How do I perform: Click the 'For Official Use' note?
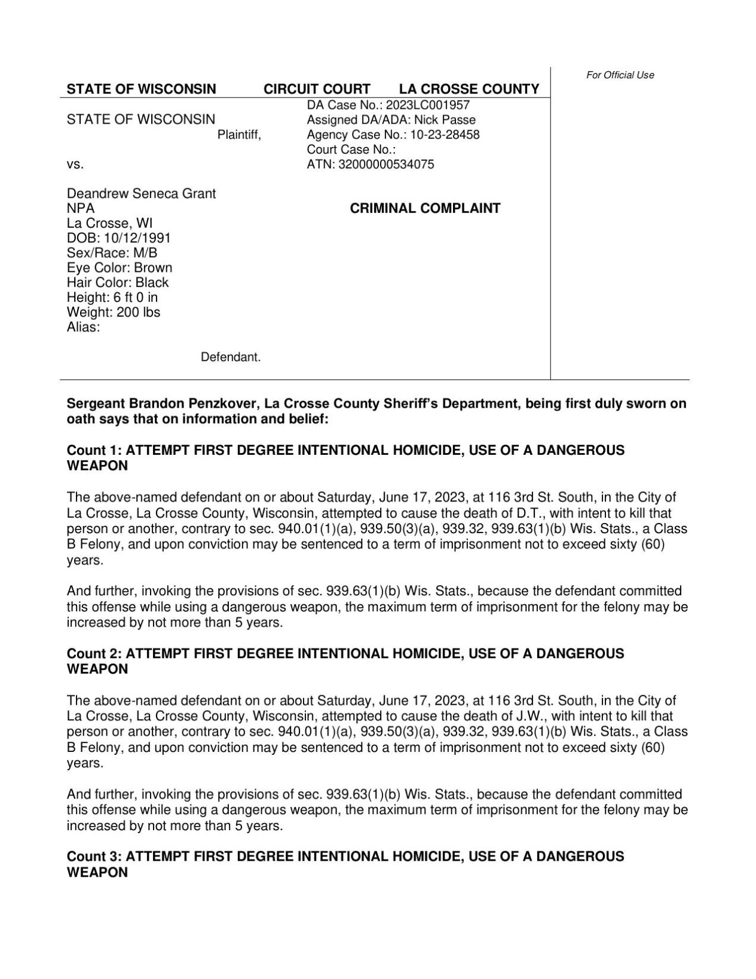[620, 75]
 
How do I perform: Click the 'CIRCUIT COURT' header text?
[317, 89]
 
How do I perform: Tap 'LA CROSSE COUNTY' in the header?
[469, 89]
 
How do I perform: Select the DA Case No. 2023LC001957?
[428, 105]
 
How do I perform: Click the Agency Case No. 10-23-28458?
[445, 135]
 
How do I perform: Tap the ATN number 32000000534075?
[386, 164]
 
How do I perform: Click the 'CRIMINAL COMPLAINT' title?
[424, 209]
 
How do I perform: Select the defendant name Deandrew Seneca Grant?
[141, 194]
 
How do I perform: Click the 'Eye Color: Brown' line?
[120, 268]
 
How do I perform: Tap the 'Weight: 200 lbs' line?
[114, 312]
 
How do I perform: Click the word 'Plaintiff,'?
[239, 135]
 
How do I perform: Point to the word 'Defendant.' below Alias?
[231, 357]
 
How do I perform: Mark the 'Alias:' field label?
[83, 327]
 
